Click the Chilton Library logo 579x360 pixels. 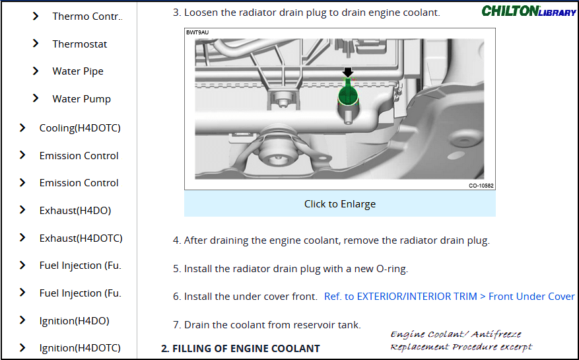click(528, 11)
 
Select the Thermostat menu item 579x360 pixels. click(79, 44)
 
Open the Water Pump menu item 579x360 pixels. click(81, 99)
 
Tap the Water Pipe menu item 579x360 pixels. click(78, 71)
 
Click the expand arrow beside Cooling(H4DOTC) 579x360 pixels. click(22, 127)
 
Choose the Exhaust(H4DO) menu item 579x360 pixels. click(75, 211)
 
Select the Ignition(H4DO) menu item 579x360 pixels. click(74, 321)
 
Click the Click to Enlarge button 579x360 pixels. click(339, 204)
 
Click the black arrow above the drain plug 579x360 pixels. click(348, 72)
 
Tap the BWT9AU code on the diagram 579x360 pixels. click(197, 32)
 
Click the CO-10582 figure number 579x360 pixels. click(481, 186)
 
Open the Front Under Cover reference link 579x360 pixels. click(449, 297)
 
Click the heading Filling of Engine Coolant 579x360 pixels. click(240, 348)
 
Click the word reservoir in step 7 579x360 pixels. click(298, 324)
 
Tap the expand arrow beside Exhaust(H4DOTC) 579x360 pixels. click(22, 238)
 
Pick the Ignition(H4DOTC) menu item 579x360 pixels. click(80, 348)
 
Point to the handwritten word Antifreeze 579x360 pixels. click(495, 335)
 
